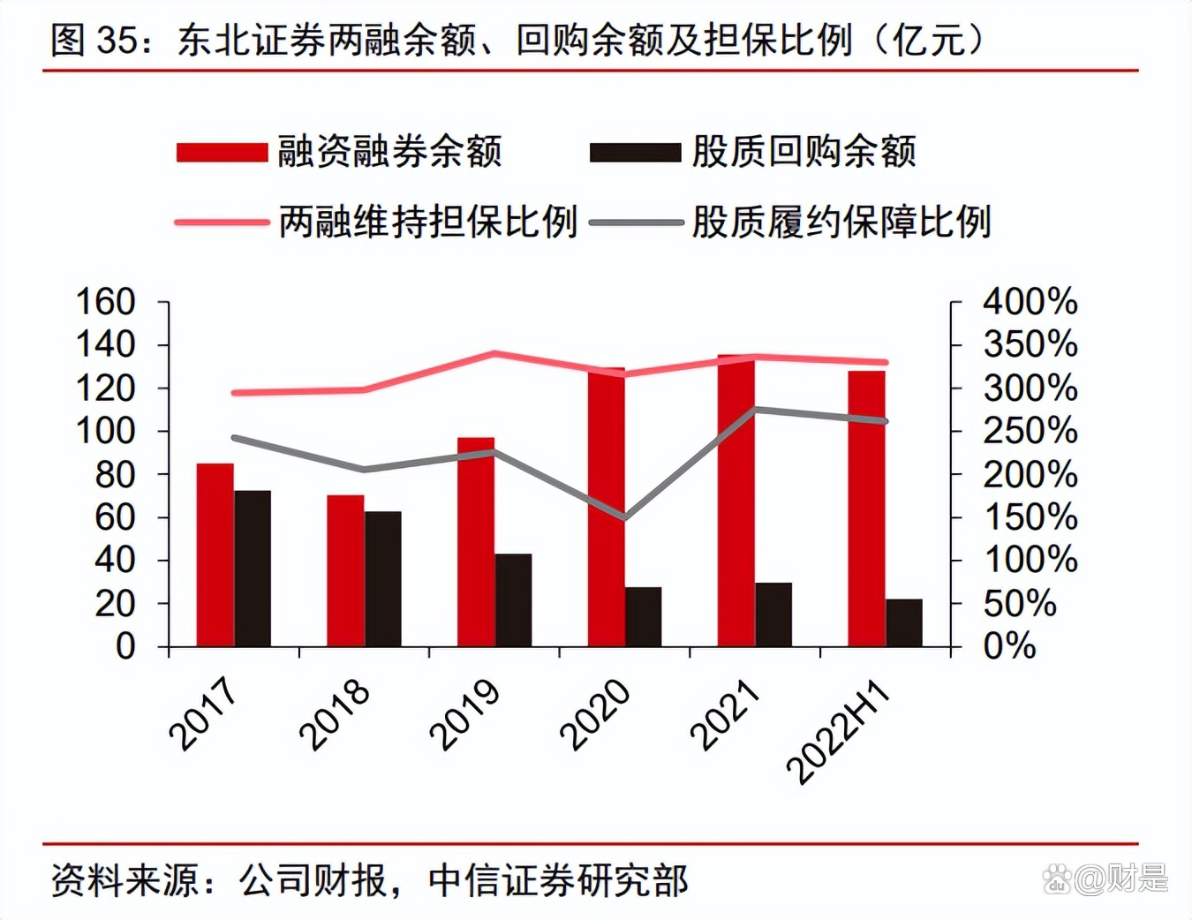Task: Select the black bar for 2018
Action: click(383, 579)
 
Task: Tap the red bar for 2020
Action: click(607, 508)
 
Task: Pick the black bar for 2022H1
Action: click(904, 623)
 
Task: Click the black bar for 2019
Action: click(514, 600)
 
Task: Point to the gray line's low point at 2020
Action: click(625, 517)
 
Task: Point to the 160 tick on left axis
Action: click(106, 302)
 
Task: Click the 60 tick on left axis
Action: click(115, 517)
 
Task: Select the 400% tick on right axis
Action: click(1030, 302)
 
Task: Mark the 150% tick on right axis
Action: click(1030, 517)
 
